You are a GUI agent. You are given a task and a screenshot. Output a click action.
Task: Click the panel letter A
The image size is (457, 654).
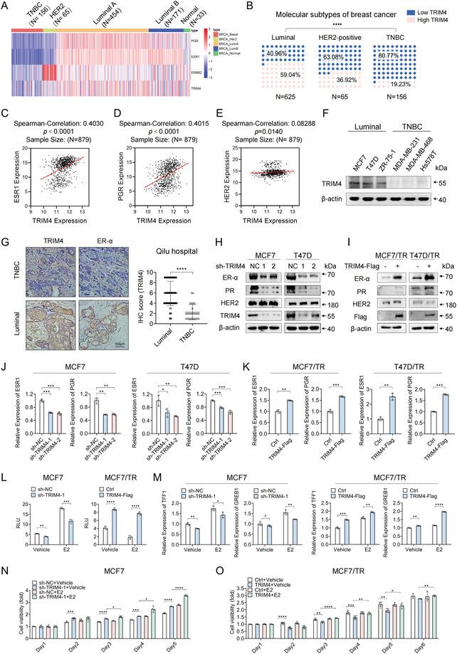point(6,6)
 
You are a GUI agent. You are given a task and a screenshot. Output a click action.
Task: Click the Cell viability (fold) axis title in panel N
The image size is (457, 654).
point(10,601)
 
